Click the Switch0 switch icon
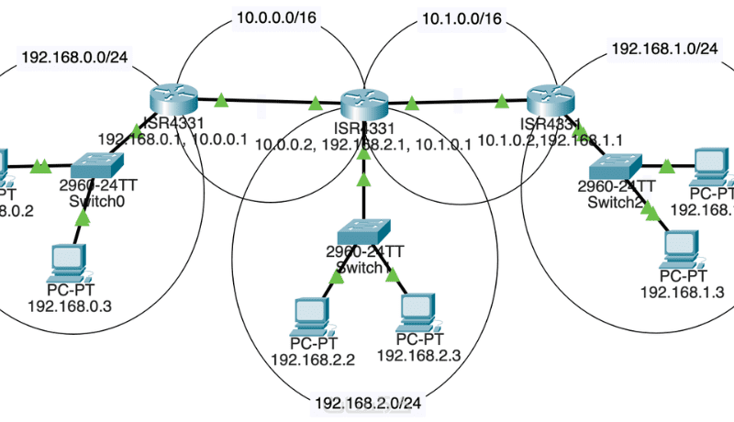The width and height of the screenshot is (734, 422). [100, 165]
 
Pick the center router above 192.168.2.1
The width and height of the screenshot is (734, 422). [364, 103]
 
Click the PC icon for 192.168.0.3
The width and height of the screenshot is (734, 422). [70, 261]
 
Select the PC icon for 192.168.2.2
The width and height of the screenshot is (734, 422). [309, 314]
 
